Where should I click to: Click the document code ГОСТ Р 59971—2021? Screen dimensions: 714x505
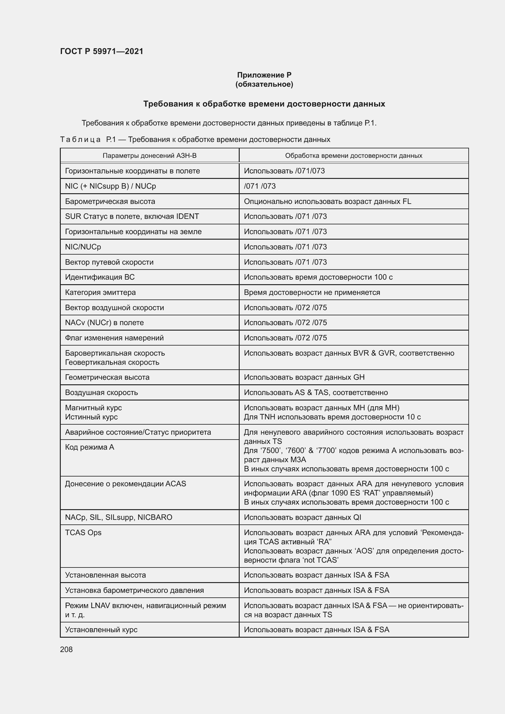pyautogui.click(x=101, y=51)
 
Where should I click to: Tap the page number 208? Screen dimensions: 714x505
pyautogui.click(x=66, y=649)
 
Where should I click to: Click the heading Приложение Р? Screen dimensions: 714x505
pyautogui.click(x=264, y=75)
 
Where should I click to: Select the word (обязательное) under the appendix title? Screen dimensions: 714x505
pyautogui.click(x=264, y=84)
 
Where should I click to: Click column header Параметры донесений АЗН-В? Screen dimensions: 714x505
pyautogui.click(x=149, y=155)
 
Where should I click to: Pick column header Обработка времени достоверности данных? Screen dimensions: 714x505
pyautogui.click(x=353, y=155)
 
